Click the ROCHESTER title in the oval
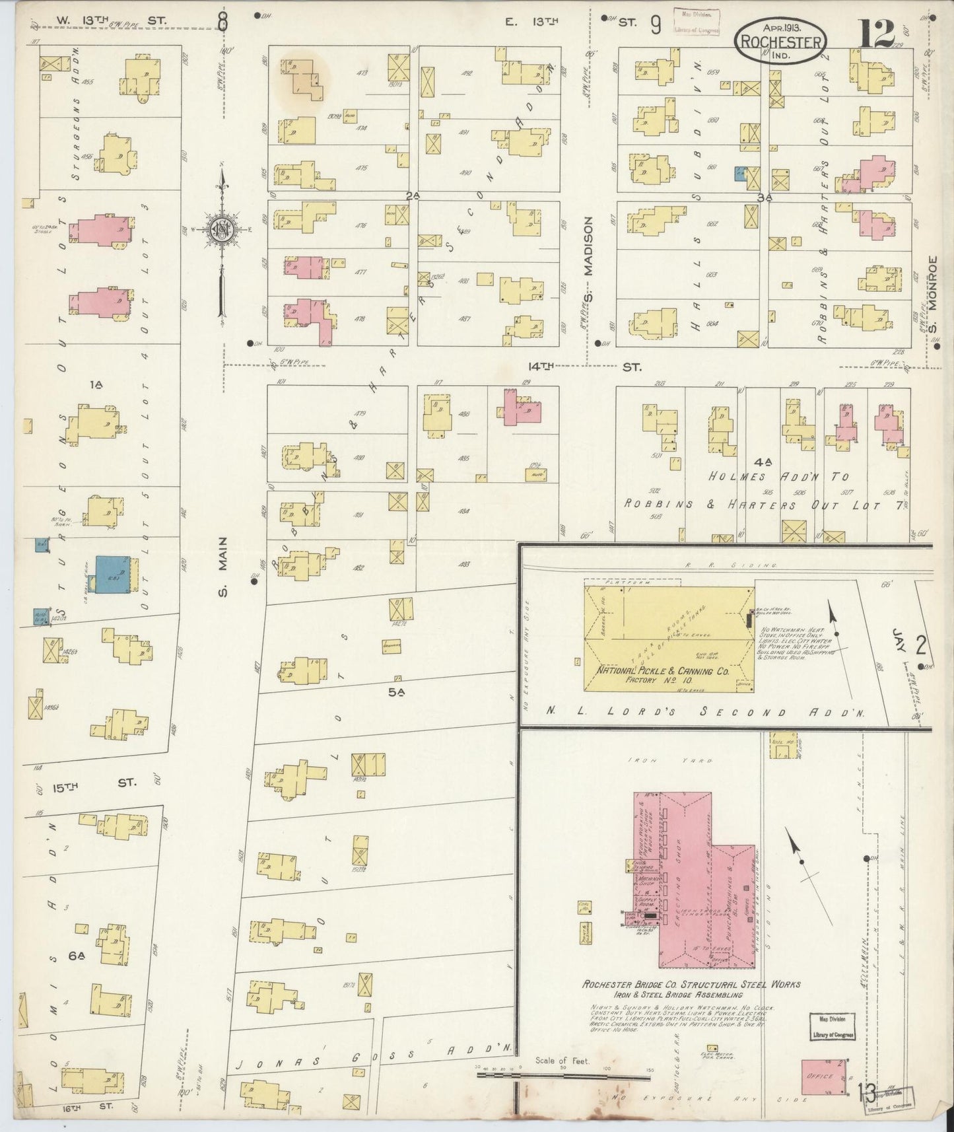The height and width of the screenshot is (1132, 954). coord(781,42)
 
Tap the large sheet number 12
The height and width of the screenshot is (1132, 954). coord(876,33)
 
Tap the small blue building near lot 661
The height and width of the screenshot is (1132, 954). coord(741,174)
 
